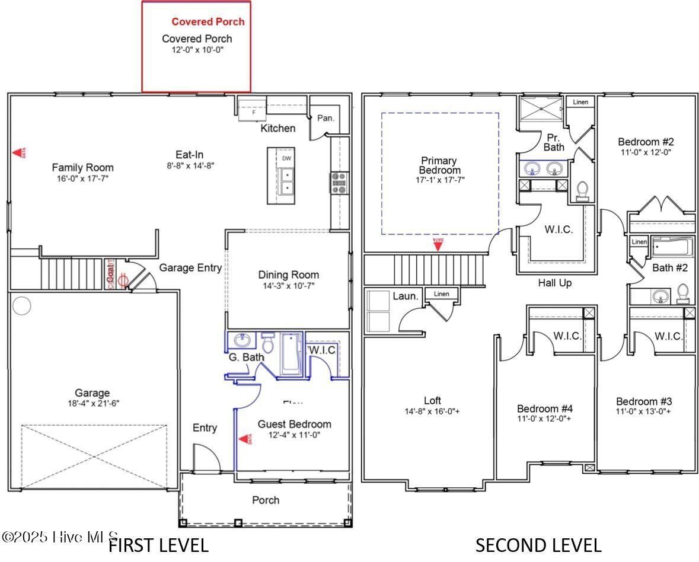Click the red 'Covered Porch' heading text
pyautogui.click(x=208, y=21)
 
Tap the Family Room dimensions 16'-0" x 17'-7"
pyautogui.click(x=82, y=178)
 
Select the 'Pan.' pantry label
pyautogui.click(x=325, y=118)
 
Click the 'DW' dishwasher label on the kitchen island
pyautogui.click(x=286, y=158)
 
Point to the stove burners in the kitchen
pyautogui.click(x=339, y=183)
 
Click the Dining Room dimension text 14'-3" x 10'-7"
pyautogui.click(x=289, y=286)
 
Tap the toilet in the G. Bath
pyautogui.click(x=268, y=343)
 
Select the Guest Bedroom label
pyautogui.click(x=294, y=424)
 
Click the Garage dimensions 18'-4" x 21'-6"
pyautogui.click(x=92, y=403)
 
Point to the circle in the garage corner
pyautogui.click(x=22, y=306)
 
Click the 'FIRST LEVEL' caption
pyautogui.click(x=159, y=545)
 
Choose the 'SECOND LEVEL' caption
pyautogui.click(x=538, y=545)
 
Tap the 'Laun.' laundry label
pyautogui.click(x=406, y=295)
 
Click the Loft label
pyautogui.click(x=432, y=400)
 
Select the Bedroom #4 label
pyautogui.click(x=545, y=408)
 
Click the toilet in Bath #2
pyautogui.click(x=682, y=293)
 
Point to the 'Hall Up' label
pyautogui.click(x=555, y=283)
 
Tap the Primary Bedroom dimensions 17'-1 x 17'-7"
pyautogui.click(x=439, y=178)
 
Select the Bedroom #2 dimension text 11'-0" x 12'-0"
pyautogui.click(x=646, y=152)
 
